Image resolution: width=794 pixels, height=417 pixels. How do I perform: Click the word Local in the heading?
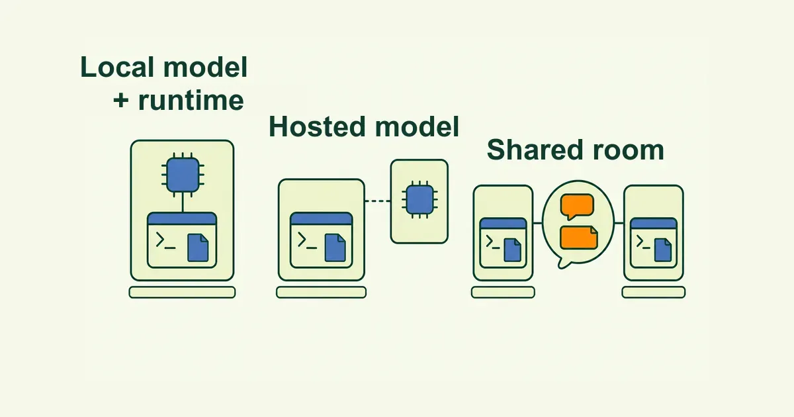[117, 67]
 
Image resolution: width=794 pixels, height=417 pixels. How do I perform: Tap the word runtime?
[191, 101]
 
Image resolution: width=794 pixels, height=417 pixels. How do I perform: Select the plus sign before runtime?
[121, 101]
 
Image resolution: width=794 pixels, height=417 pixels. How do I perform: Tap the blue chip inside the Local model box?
[183, 175]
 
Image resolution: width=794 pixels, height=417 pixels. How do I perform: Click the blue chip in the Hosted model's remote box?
[419, 199]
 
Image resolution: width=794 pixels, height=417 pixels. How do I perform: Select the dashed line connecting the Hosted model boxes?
[378, 201]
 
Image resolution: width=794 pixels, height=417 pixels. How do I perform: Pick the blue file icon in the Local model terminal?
[198, 248]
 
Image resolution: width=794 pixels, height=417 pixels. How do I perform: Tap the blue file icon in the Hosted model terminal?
[335, 248]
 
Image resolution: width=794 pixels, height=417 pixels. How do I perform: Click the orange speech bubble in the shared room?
[577, 207]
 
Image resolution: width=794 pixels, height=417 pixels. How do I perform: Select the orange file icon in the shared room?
[579, 238]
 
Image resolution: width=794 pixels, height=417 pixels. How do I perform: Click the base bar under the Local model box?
[182, 292]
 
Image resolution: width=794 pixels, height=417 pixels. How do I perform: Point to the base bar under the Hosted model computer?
[321, 292]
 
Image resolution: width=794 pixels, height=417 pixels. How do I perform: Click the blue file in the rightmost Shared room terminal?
[663, 250]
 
